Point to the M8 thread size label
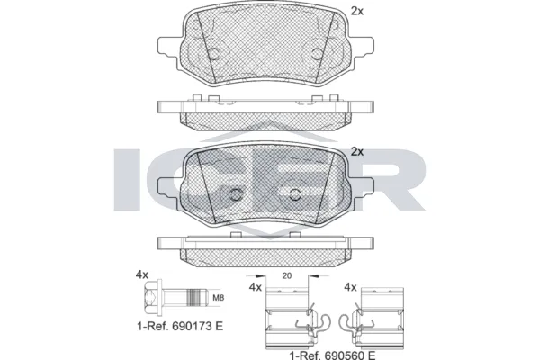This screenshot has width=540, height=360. [x=219, y=299]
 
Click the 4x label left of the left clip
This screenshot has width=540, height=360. [x=255, y=288]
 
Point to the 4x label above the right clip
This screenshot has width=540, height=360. [x=350, y=288]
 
